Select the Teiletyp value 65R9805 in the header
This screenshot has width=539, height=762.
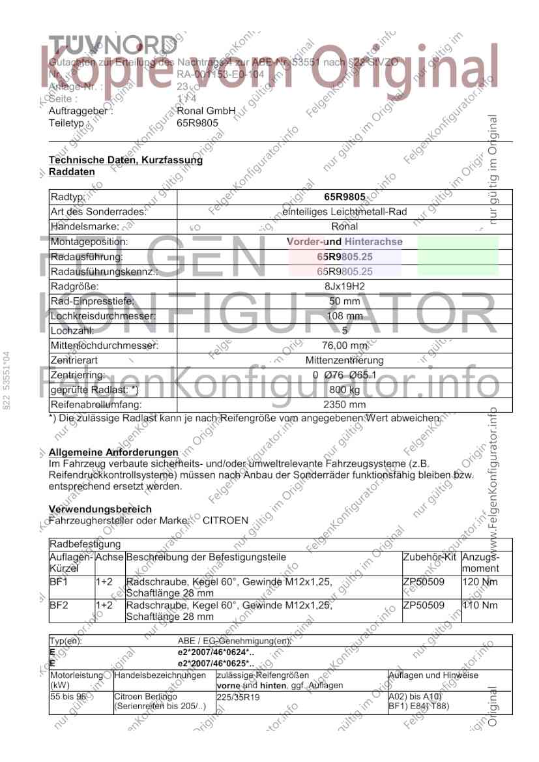point(197,122)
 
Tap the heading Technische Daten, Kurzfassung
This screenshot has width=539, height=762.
point(126,160)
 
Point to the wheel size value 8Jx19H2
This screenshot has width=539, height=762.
point(345,286)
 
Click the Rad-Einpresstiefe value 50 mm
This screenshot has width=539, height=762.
point(345,301)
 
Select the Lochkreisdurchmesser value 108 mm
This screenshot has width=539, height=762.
point(345,316)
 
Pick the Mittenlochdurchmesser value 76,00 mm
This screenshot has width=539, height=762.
point(345,345)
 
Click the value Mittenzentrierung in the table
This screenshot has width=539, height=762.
point(345,360)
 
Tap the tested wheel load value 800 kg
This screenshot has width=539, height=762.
point(345,390)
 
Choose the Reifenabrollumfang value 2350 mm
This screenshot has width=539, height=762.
point(345,405)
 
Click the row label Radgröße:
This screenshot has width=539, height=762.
point(74,286)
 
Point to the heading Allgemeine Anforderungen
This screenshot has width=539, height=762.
point(113,452)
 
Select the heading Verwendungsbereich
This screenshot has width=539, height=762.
point(100,509)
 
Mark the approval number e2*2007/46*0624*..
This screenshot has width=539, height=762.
point(216,652)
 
